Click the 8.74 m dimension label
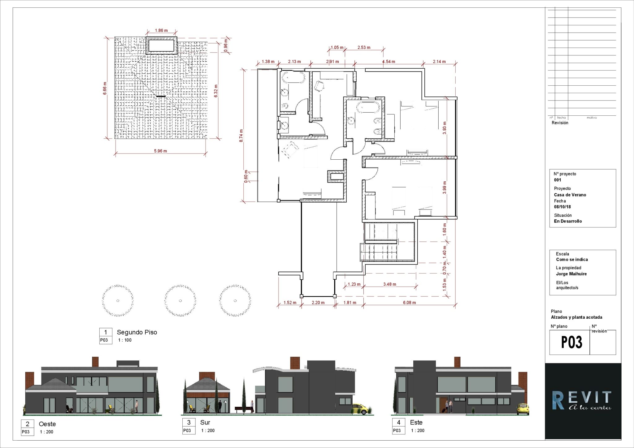(x=241, y=136)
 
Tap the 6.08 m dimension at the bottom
(x=409, y=303)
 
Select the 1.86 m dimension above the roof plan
(x=161, y=30)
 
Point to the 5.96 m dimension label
(x=160, y=151)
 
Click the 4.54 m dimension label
(x=389, y=62)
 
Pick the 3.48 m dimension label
(x=389, y=284)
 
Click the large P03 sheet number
(x=571, y=342)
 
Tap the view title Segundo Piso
(x=137, y=332)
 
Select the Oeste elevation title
(x=47, y=424)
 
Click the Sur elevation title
(x=205, y=422)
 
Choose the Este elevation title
(x=416, y=422)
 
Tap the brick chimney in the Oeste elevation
(x=95, y=362)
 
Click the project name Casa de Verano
(x=570, y=195)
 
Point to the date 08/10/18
(x=562, y=207)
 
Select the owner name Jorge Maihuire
(x=571, y=274)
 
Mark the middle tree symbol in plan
(x=180, y=300)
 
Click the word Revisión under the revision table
(x=560, y=123)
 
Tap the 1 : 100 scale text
(x=125, y=340)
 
